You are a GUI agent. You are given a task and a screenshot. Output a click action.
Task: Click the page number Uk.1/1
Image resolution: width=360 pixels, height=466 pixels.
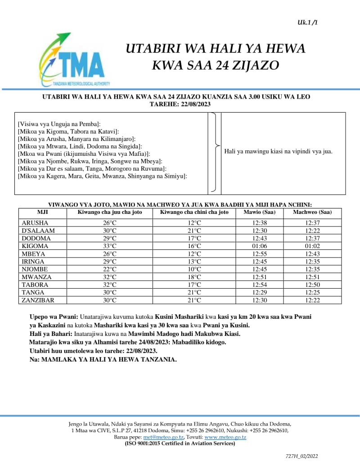click(x=307, y=22)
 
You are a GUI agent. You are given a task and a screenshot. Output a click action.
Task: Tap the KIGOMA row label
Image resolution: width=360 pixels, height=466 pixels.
click(x=35, y=246)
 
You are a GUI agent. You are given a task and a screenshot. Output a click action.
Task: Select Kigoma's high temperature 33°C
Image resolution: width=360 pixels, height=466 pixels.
click(x=110, y=246)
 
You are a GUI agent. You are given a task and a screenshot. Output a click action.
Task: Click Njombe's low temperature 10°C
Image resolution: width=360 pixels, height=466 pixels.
click(x=194, y=269)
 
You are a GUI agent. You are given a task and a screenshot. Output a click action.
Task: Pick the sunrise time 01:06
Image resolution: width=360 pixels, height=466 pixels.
click(x=260, y=246)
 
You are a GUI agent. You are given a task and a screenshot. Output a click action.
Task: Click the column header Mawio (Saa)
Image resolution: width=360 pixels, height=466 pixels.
click(x=260, y=212)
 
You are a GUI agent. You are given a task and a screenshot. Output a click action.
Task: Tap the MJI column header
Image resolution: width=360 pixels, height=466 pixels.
click(x=43, y=212)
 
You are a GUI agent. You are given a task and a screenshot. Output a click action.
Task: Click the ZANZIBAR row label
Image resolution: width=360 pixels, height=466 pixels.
click(x=38, y=300)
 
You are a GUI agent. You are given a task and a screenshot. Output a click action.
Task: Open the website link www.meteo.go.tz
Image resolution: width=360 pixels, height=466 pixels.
click(x=225, y=437)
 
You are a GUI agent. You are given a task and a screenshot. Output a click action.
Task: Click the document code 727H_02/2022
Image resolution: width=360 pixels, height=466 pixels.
click(x=301, y=456)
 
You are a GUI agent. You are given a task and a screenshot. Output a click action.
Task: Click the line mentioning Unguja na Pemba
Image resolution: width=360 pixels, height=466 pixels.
click(x=59, y=123)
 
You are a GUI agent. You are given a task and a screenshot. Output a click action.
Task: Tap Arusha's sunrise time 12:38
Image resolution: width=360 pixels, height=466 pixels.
click(x=260, y=222)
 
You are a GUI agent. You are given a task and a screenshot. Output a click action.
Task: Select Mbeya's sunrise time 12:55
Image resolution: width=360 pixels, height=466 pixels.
click(x=260, y=253)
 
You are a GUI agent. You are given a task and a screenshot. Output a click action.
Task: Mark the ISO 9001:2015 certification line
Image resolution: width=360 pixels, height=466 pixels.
click(x=180, y=443)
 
